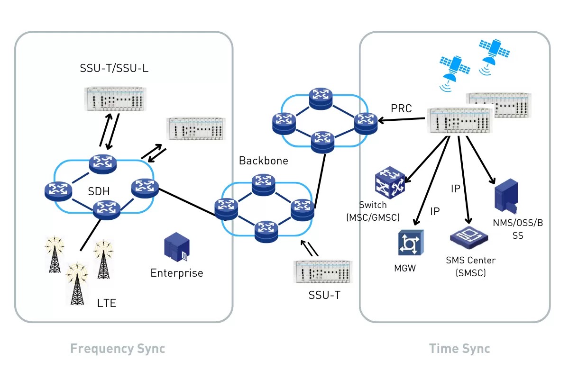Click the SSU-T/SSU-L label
114,68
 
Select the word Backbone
263,161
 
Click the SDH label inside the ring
99,191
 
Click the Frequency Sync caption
118,349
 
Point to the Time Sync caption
459,349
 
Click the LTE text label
106,303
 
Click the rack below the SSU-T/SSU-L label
114,99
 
